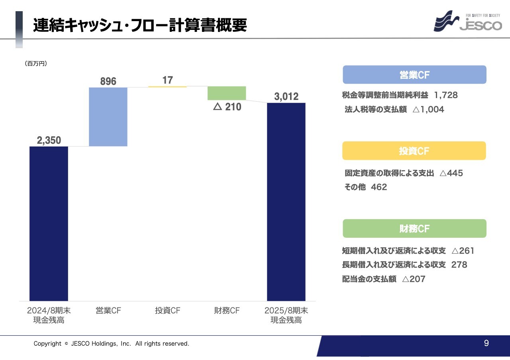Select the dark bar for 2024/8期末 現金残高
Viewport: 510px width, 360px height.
(x=49, y=223)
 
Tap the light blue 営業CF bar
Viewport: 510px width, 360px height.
(x=108, y=117)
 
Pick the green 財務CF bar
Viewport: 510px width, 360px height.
(x=227, y=93)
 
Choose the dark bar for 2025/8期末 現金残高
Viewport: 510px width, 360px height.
(x=286, y=202)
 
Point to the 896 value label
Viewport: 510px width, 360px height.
(x=108, y=81)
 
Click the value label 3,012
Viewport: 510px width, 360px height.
(x=286, y=97)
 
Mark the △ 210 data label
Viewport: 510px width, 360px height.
(x=227, y=107)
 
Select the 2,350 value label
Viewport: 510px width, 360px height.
(x=49, y=140)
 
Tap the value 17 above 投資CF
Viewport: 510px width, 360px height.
(x=168, y=80)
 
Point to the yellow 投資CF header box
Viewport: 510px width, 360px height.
(x=414, y=151)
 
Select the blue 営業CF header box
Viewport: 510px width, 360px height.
(x=414, y=75)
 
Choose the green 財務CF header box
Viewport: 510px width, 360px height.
(x=414, y=229)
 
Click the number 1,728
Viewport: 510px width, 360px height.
(x=446, y=95)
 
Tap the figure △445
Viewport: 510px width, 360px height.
(x=451, y=173)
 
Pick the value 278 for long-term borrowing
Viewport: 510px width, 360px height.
(x=459, y=265)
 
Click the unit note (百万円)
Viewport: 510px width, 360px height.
(x=36, y=63)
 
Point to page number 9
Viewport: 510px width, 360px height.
(x=486, y=343)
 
